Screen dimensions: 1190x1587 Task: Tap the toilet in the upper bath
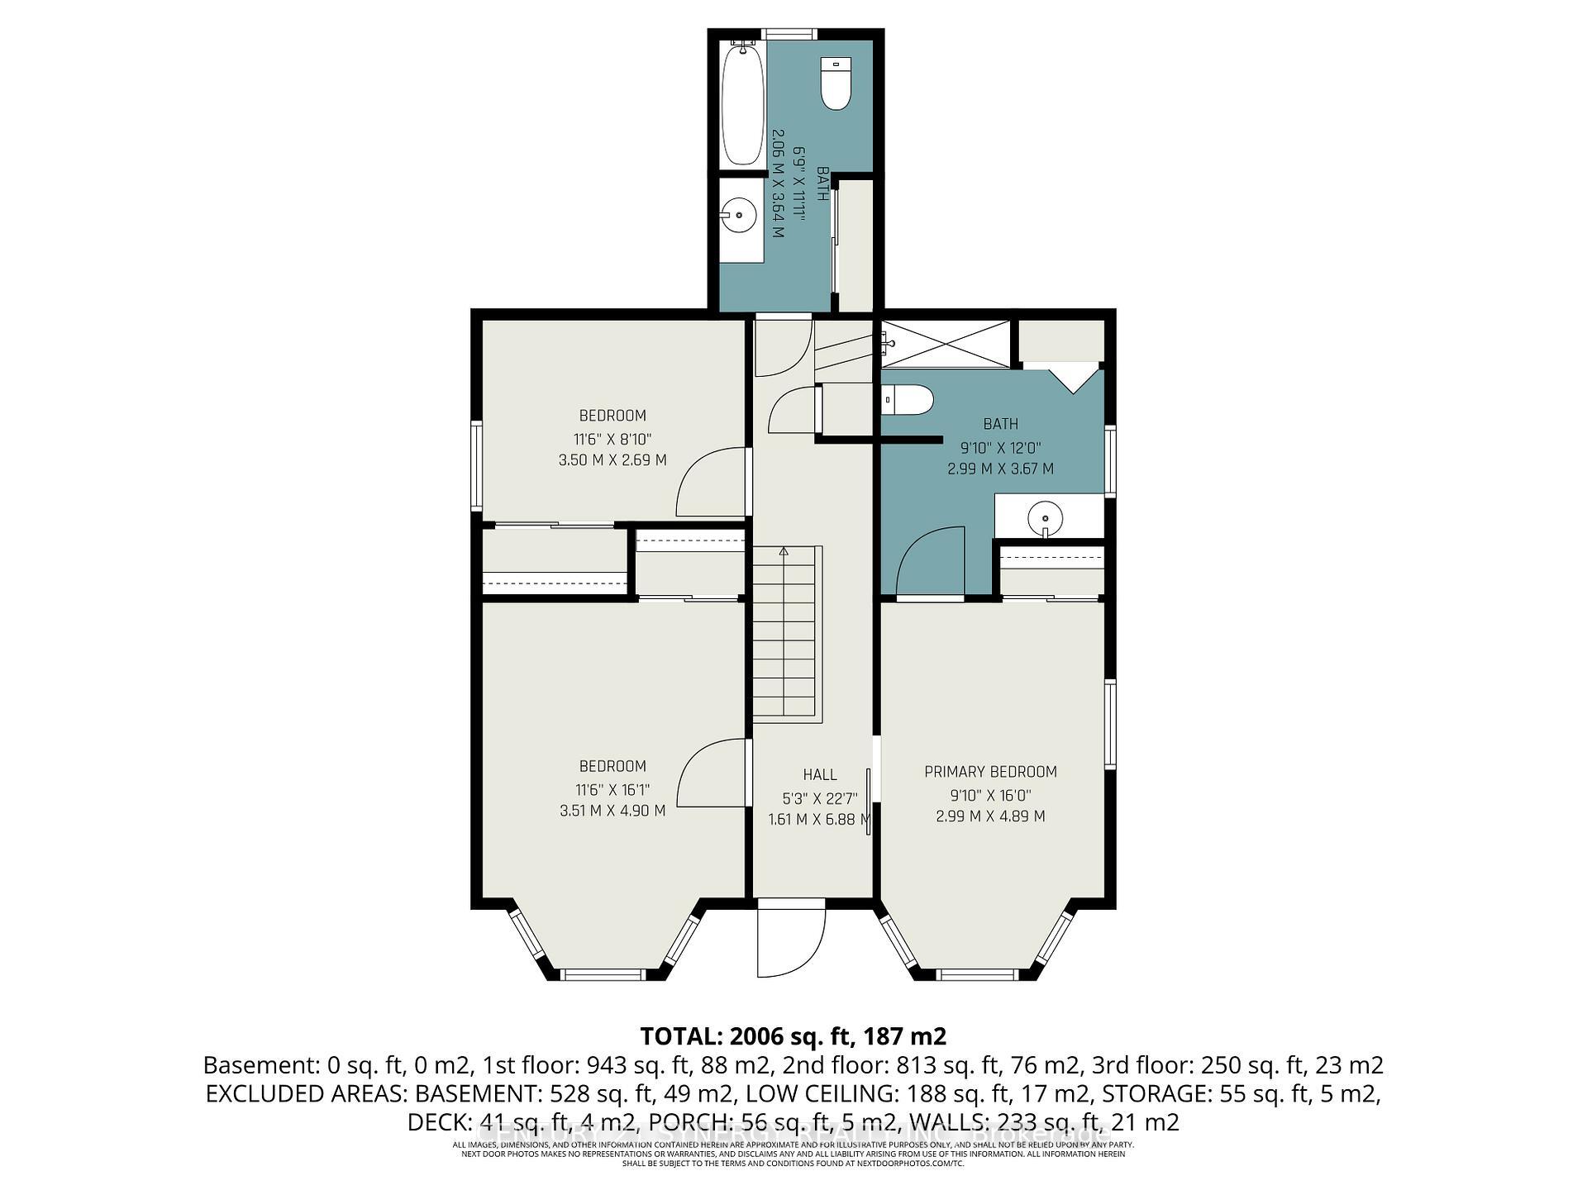click(x=836, y=83)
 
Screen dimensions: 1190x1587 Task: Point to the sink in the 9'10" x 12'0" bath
click(x=1046, y=518)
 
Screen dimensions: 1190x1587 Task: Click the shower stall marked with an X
click(x=945, y=344)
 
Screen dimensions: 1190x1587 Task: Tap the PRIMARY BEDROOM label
click(x=990, y=772)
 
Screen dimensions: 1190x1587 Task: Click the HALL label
click(x=819, y=774)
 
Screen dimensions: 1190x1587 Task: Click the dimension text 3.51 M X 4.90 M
click(x=612, y=811)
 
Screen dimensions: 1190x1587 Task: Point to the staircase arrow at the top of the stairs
click(x=784, y=550)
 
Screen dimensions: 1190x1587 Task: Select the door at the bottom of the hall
click(x=790, y=942)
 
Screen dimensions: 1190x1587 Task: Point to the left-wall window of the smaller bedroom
click(x=477, y=464)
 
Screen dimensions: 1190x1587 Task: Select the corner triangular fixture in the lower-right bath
click(x=1075, y=381)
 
